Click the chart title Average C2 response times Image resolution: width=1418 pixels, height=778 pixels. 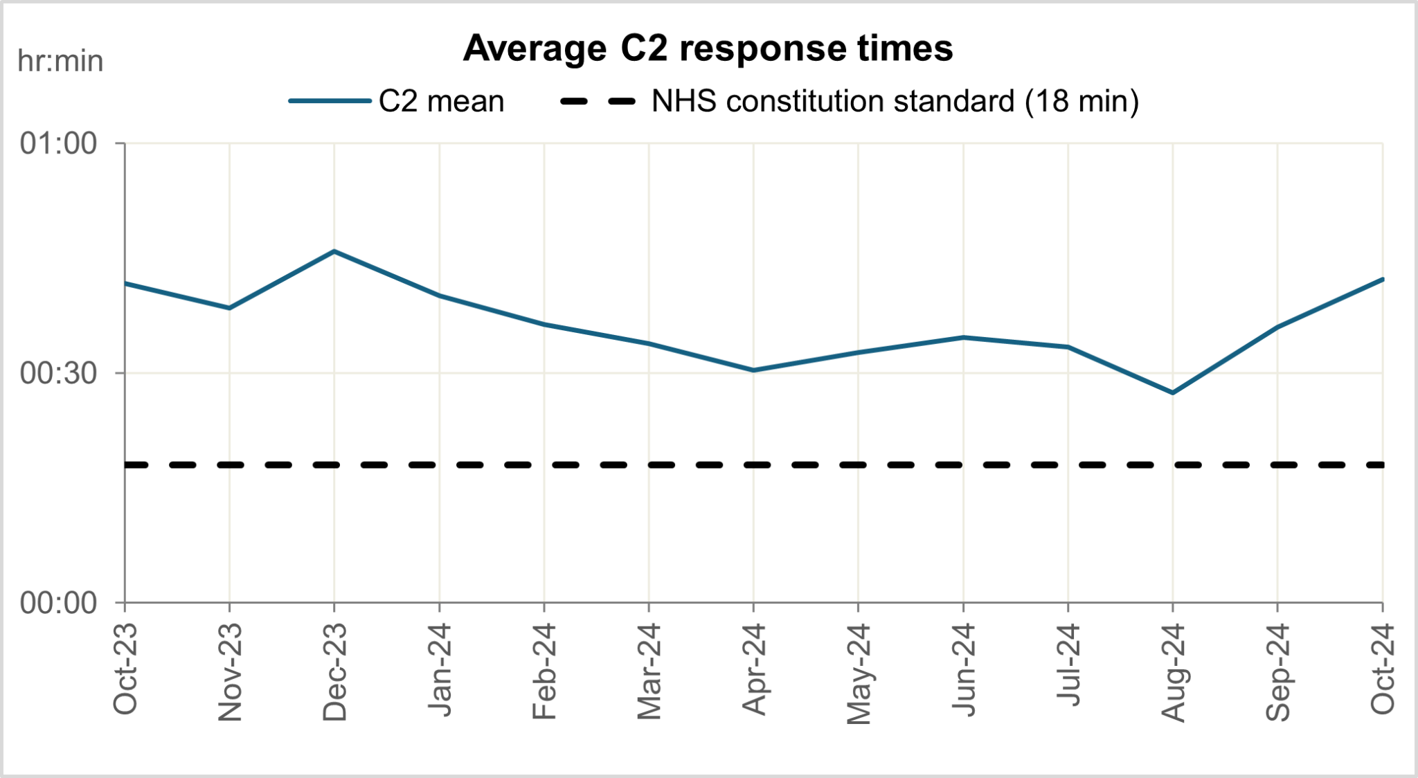point(708,48)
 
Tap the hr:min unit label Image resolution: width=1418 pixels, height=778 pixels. point(60,62)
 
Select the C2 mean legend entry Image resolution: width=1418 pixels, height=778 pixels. point(397,101)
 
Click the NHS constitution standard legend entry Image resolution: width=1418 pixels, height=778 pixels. point(849,101)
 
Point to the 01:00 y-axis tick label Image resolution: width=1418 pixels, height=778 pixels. point(59,144)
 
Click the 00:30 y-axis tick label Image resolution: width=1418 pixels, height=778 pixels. point(59,374)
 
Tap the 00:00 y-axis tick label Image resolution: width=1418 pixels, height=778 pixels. point(59,604)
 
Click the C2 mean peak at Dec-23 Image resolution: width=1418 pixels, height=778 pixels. point(334,251)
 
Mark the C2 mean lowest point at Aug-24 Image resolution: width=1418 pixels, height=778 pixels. point(1172,392)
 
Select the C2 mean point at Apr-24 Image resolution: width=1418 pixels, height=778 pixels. point(753,370)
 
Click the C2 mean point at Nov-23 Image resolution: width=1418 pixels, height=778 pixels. point(229,308)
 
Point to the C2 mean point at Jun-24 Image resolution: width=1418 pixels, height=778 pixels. point(963,337)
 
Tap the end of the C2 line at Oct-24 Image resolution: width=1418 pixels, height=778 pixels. point(1382,279)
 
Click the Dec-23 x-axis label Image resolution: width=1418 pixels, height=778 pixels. point(334,671)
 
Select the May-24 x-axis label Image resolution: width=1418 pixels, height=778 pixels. point(859,673)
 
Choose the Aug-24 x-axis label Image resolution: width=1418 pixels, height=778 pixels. point(1173,672)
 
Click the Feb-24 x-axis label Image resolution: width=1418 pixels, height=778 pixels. point(544,671)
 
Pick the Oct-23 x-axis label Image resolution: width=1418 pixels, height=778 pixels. point(125,669)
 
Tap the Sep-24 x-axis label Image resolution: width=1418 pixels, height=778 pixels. point(1277,671)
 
